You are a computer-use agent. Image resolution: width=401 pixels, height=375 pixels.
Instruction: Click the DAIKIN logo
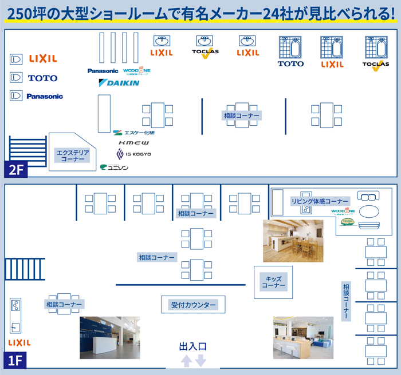click(119, 83)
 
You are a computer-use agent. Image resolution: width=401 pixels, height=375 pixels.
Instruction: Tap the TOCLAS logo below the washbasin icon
click(205, 53)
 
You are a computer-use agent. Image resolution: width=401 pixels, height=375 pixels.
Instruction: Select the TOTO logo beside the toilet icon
click(42, 78)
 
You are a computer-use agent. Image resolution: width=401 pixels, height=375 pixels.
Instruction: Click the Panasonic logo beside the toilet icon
click(45, 97)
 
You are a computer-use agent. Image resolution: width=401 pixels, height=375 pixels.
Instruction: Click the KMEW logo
click(133, 142)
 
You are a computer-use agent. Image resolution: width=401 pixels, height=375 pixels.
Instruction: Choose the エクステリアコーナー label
click(73, 155)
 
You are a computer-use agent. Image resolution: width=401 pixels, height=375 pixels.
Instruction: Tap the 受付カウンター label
click(194, 305)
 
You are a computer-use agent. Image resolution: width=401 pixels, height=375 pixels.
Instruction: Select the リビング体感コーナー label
click(320, 201)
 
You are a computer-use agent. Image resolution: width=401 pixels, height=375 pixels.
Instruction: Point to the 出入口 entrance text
click(192, 346)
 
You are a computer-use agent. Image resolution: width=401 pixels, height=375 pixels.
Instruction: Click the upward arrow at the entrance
click(186, 361)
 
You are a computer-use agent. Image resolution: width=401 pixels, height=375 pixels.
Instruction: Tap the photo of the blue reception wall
click(109, 337)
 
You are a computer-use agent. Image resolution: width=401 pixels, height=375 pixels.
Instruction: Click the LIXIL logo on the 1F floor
click(19, 342)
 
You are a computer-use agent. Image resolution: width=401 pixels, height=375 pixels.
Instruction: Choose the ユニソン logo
click(115, 167)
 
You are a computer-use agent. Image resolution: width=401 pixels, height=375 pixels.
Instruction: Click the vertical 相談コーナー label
click(346, 300)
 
